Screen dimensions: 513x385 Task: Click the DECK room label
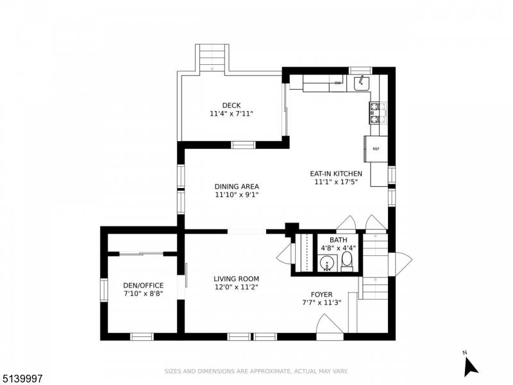pos(231,105)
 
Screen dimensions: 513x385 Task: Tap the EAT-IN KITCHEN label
pos(336,174)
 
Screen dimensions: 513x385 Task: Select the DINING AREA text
pos(237,187)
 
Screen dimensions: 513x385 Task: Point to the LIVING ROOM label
pos(236,279)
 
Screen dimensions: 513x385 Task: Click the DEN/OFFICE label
pos(143,286)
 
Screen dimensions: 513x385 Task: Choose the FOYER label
pos(322,295)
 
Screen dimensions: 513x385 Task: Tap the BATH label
pos(339,240)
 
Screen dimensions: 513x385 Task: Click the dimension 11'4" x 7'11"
pos(231,114)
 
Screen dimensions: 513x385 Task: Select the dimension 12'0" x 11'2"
pos(236,287)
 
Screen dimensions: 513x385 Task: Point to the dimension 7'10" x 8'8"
pos(143,294)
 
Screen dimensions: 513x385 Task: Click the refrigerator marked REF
pos(376,149)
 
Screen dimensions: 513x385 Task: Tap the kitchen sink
pos(362,83)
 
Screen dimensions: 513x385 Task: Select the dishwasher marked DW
pos(338,83)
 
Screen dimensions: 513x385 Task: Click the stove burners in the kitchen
pos(374,113)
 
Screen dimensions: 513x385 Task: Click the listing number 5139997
pos(21,379)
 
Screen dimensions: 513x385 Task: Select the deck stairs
pos(212,58)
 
